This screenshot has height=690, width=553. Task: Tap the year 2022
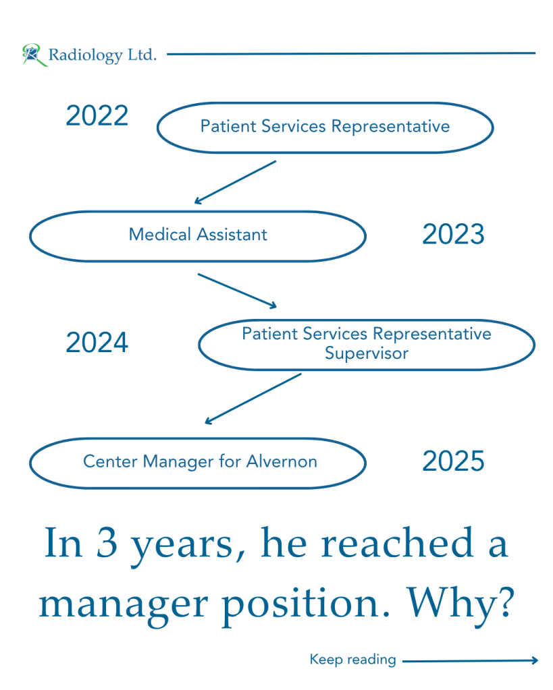pyautogui.click(x=97, y=116)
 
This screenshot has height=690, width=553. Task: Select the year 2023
pyautogui.click(x=453, y=233)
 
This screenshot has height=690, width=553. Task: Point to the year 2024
pyautogui.click(x=97, y=343)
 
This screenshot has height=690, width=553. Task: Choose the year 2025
pyautogui.click(x=453, y=461)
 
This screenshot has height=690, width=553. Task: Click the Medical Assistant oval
pyautogui.click(x=198, y=262)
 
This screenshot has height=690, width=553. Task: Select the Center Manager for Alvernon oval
pyautogui.click(x=198, y=488)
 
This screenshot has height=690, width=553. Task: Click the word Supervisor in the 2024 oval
pyautogui.click(x=367, y=353)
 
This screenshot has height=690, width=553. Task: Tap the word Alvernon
pyautogui.click(x=282, y=461)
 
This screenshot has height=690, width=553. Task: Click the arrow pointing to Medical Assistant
pyautogui.click(x=235, y=182)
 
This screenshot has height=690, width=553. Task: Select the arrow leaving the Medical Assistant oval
pyautogui.click(x=237, y=291)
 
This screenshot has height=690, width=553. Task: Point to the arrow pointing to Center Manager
pyautogui.click(x=253, y=399)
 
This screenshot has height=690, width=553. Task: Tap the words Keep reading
pyautogui.click(x=353, y=660)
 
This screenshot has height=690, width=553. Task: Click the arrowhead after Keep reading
pyautogui.click(x=535, y=660)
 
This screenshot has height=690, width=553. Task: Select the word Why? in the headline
pyautogui.click(x=460, y=603)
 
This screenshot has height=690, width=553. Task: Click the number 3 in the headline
pyautogui.click(x=107, y=543)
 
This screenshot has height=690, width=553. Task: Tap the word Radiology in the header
pyautogui.click(x=86, y=55)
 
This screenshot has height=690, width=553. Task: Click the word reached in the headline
pyautogui.click(x=397, y=542)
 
